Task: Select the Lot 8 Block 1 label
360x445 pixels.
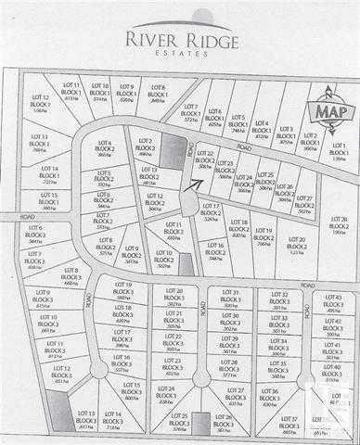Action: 158,93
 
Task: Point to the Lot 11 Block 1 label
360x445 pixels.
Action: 71,91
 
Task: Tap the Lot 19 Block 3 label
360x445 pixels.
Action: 122,290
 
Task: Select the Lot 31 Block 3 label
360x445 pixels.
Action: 230,297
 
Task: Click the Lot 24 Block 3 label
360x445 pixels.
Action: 167,394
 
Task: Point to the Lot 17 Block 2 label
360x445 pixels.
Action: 211,211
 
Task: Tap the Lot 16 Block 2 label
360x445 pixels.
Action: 216,250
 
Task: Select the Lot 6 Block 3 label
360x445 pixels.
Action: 35,233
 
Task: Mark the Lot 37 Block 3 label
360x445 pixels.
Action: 289,422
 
